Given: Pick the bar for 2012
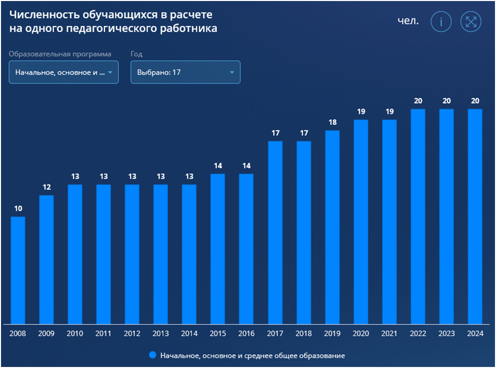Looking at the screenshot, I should [x=132, y=254].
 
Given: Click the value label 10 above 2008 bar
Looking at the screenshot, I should [x=18, y=208].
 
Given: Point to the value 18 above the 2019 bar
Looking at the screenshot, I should [x=332, y=122].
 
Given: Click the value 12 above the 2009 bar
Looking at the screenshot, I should [x=46, y=187].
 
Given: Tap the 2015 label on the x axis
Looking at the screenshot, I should [x=218, y=334].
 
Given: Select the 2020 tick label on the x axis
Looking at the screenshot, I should [x=360, y=334].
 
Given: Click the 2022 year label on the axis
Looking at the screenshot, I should [x=417, y=334].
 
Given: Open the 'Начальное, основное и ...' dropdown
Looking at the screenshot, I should [x=63, y=72].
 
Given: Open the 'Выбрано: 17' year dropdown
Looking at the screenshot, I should [x=185, y=72].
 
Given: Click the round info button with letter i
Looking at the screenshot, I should [x=441, y=22].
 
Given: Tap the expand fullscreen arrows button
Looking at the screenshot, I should [x=471, y=22].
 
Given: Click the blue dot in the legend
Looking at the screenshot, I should [x=153, y=355].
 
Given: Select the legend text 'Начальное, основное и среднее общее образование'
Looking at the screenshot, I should [x=252, y=355].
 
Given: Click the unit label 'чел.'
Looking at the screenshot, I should [x=408, y=21].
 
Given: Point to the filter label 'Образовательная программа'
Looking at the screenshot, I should [x=60, y=54].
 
